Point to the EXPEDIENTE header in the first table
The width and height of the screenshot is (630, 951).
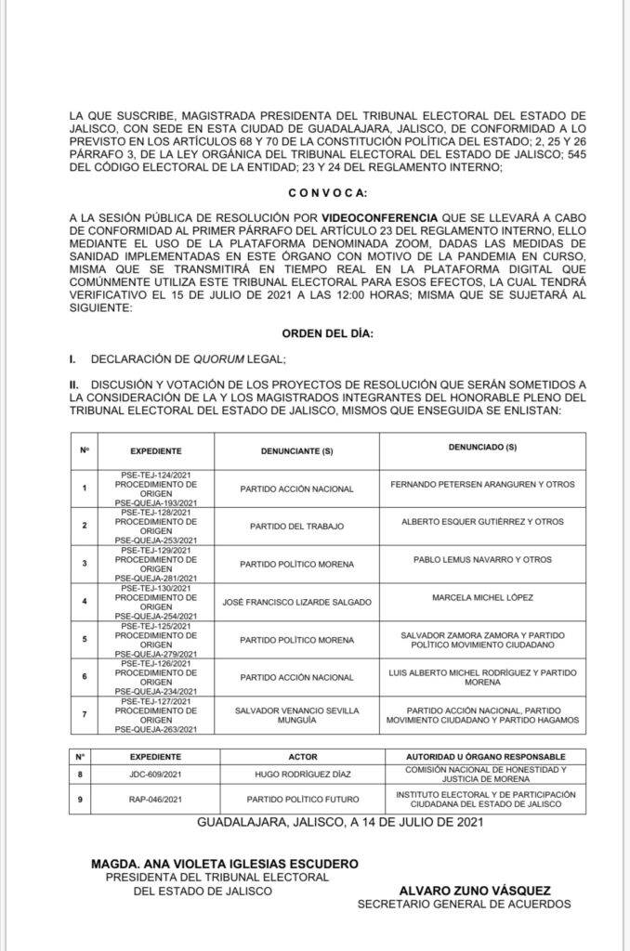click(x=156, y=450)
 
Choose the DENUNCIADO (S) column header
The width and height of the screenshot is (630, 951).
click(x=482, y=448)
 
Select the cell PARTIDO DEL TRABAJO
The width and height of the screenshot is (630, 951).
click(x=296, y=526)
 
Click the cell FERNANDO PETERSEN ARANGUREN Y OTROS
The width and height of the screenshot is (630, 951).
click(x=482, y=484)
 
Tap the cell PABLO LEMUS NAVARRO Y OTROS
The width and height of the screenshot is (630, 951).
click(x=482, y=560)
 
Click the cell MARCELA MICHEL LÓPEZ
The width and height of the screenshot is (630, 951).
click(x=482, y=597)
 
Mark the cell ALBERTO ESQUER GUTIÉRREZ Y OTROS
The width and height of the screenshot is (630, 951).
click(x=482, y=522)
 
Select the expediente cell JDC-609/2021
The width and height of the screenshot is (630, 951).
click(x=156, y=773)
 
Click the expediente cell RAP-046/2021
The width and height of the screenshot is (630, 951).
click(x=156, y=798)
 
